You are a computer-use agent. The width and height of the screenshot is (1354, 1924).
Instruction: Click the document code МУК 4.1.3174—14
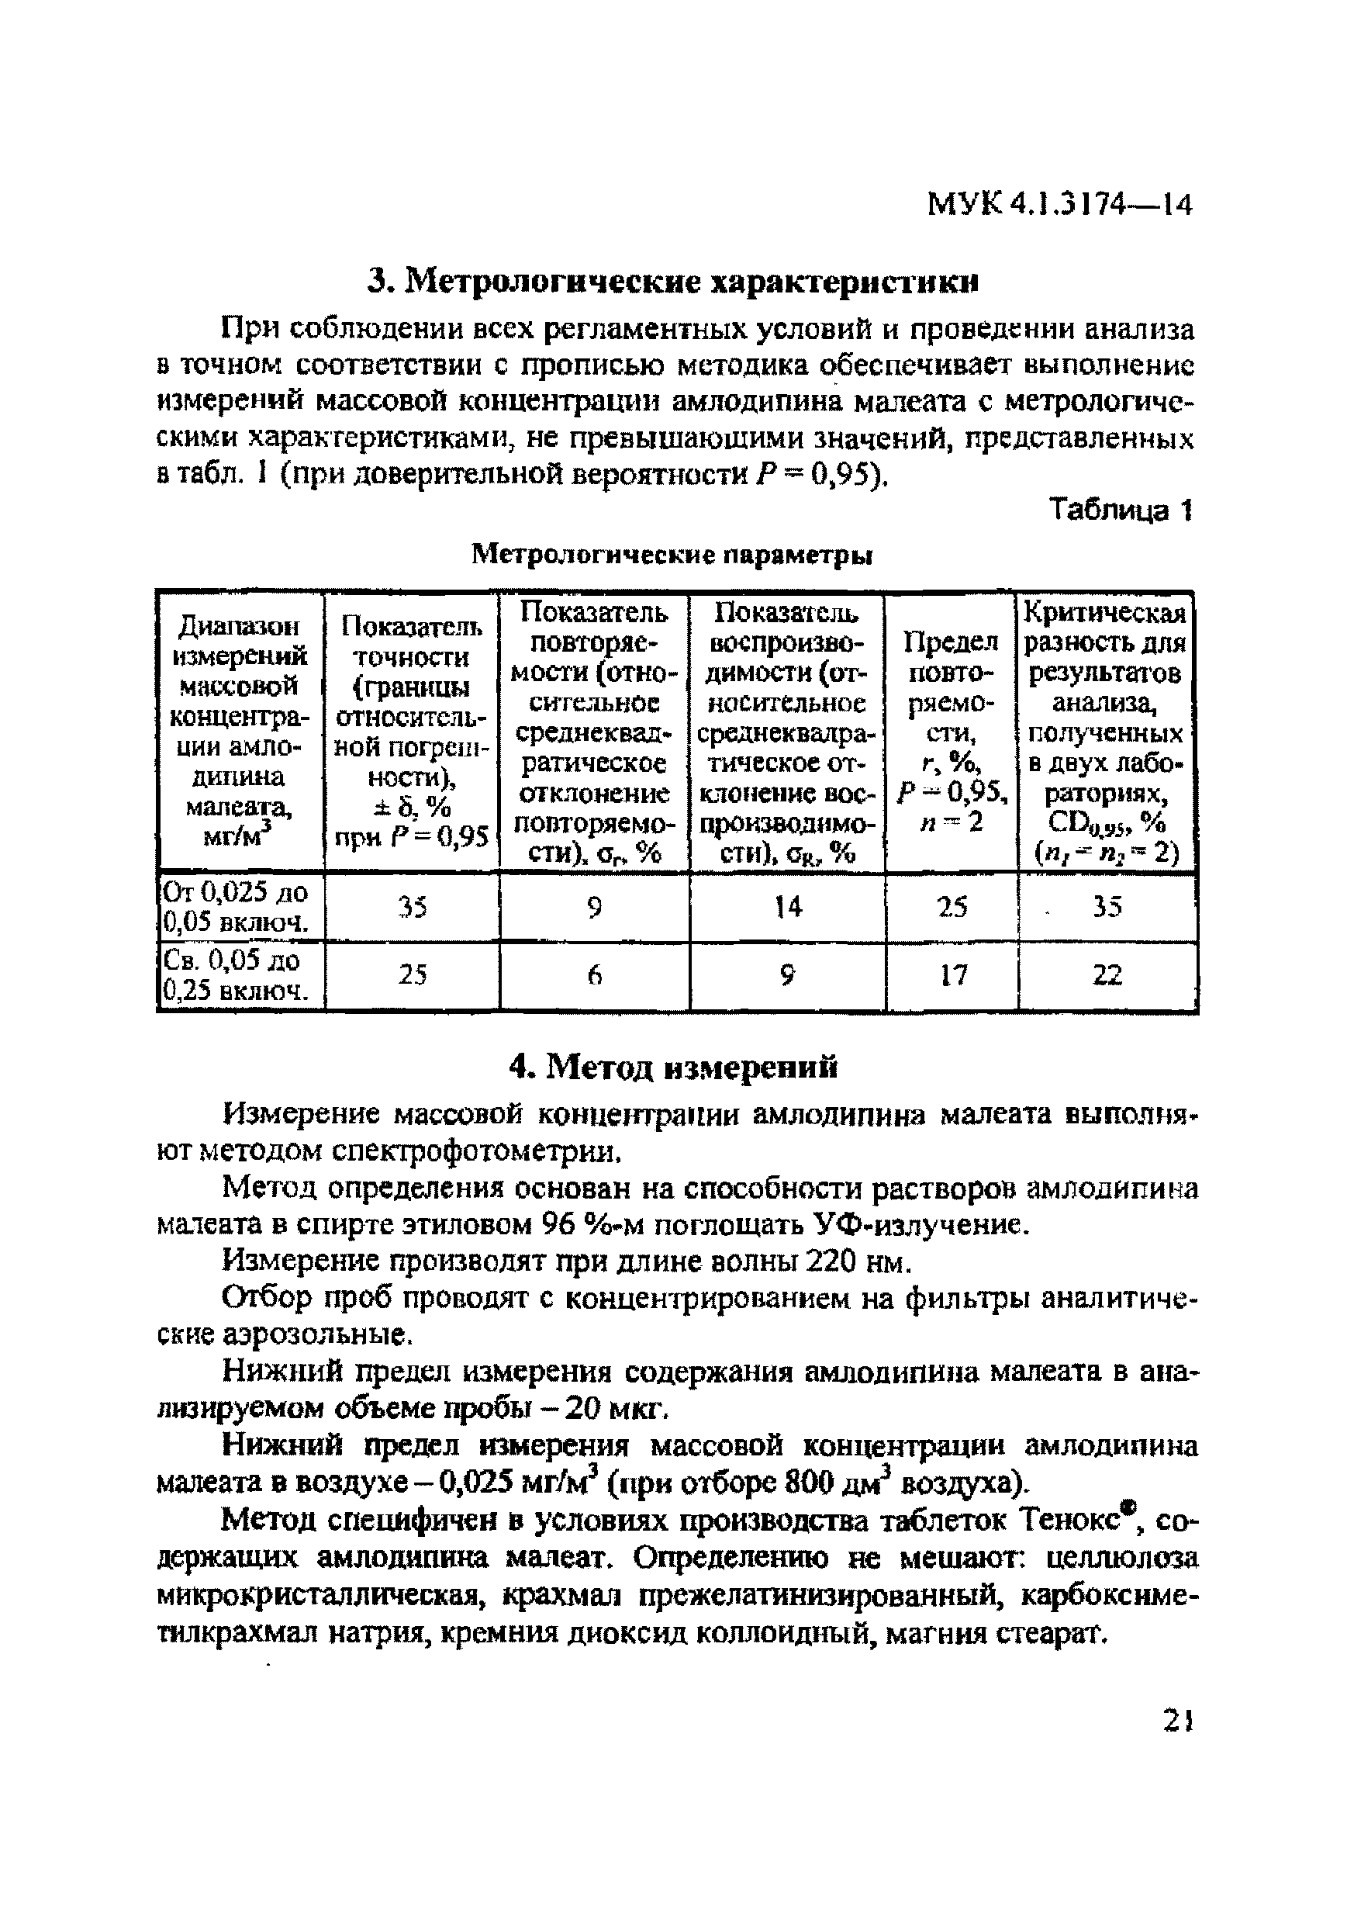pyautogui.click(x=1059, y=203)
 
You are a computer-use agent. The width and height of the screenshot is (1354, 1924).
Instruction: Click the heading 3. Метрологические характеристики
pyautogui.click(x=675, y=282)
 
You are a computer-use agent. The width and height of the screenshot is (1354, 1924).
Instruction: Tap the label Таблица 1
pyautogui.click(x=1121, y=510)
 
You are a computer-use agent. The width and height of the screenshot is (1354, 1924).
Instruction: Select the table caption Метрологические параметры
pyautogui.click(x=672, y=555)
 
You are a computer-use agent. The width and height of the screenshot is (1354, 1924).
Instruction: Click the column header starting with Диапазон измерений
pyautogui.click(x=239, y=731)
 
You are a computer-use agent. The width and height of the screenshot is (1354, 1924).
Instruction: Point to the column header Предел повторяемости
pyautogui.click(x=951, y=731)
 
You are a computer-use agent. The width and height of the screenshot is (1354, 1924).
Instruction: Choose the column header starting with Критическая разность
pyautogui.click(x=1105, y=731)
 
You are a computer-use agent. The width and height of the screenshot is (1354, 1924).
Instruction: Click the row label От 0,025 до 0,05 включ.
pyautogui.click(x=237, y=907)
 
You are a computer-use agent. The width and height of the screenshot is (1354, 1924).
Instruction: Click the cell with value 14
pyautogui.click(x=788, y=907)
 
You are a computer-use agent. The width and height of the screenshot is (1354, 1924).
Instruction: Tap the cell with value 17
pyautogui.click(x=952, y=975)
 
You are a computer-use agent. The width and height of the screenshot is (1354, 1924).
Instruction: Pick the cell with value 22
pyautogui.click(x=1107, y=975)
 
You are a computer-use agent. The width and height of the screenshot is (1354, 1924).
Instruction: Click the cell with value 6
pyautogui.click(x=594, y=975)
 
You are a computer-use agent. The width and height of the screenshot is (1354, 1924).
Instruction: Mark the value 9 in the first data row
pyautogui.click(x=594, y=907)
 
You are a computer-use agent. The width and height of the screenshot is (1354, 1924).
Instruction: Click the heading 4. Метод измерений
pyautogui.click(x=675, y=1068)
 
